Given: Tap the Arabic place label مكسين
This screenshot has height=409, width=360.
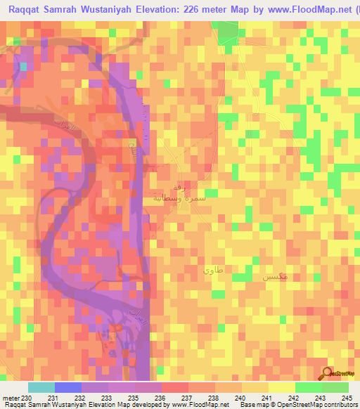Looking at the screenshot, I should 274,278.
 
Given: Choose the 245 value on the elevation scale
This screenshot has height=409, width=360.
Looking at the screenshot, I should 347,398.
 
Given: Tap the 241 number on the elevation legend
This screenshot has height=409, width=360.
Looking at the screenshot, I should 266,398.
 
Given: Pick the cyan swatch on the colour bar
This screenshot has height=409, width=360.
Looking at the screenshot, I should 41,387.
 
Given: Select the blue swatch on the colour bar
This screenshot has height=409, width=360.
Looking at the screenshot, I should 67,387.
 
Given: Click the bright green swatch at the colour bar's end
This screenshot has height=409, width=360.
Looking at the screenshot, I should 335,387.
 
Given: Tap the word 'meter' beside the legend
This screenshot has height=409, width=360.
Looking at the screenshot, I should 10,398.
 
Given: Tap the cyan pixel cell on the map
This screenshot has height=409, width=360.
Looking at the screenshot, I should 23,67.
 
